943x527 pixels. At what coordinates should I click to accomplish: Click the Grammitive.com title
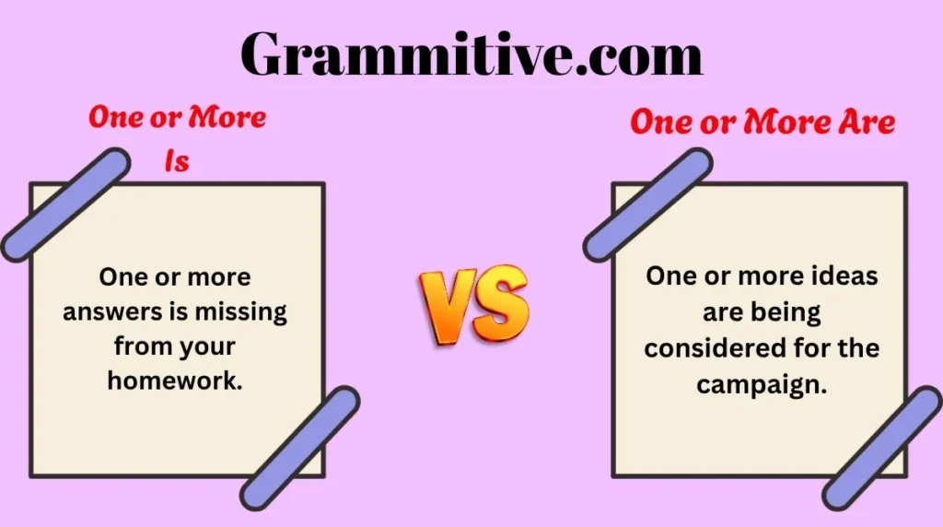coord(471,54)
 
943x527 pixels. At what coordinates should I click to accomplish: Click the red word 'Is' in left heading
coord(176,162)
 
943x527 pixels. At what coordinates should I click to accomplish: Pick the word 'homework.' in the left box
coord(175,380)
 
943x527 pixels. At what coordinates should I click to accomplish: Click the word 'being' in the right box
coord(788,311)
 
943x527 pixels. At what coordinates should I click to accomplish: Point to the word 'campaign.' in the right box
coord(762,384)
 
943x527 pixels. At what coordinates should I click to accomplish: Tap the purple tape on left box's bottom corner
coord(300,448)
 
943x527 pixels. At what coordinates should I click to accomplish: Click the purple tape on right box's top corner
coord(647,205)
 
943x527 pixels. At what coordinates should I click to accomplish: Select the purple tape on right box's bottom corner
coord(883,448)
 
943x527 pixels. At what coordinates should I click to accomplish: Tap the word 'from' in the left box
coord(140,345)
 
